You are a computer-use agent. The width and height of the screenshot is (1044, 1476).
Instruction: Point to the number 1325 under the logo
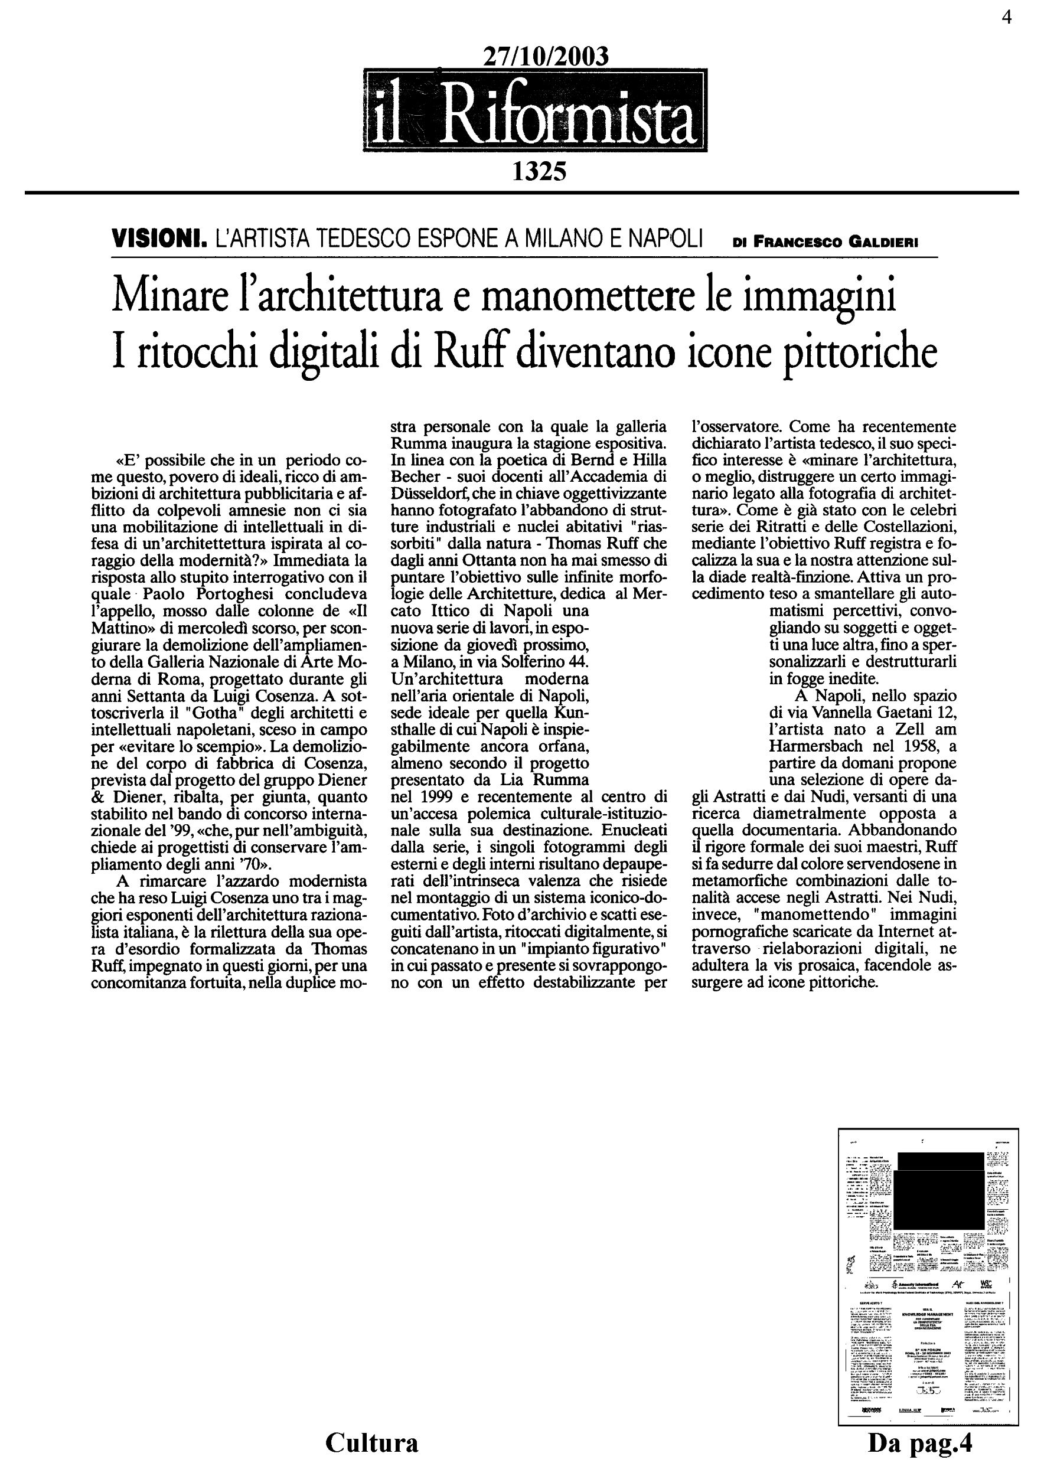539,172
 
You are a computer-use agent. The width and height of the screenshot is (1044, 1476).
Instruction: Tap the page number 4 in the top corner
1007,18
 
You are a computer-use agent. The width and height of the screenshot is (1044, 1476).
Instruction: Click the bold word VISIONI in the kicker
158,240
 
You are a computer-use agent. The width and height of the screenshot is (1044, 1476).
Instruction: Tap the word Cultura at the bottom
371,1442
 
